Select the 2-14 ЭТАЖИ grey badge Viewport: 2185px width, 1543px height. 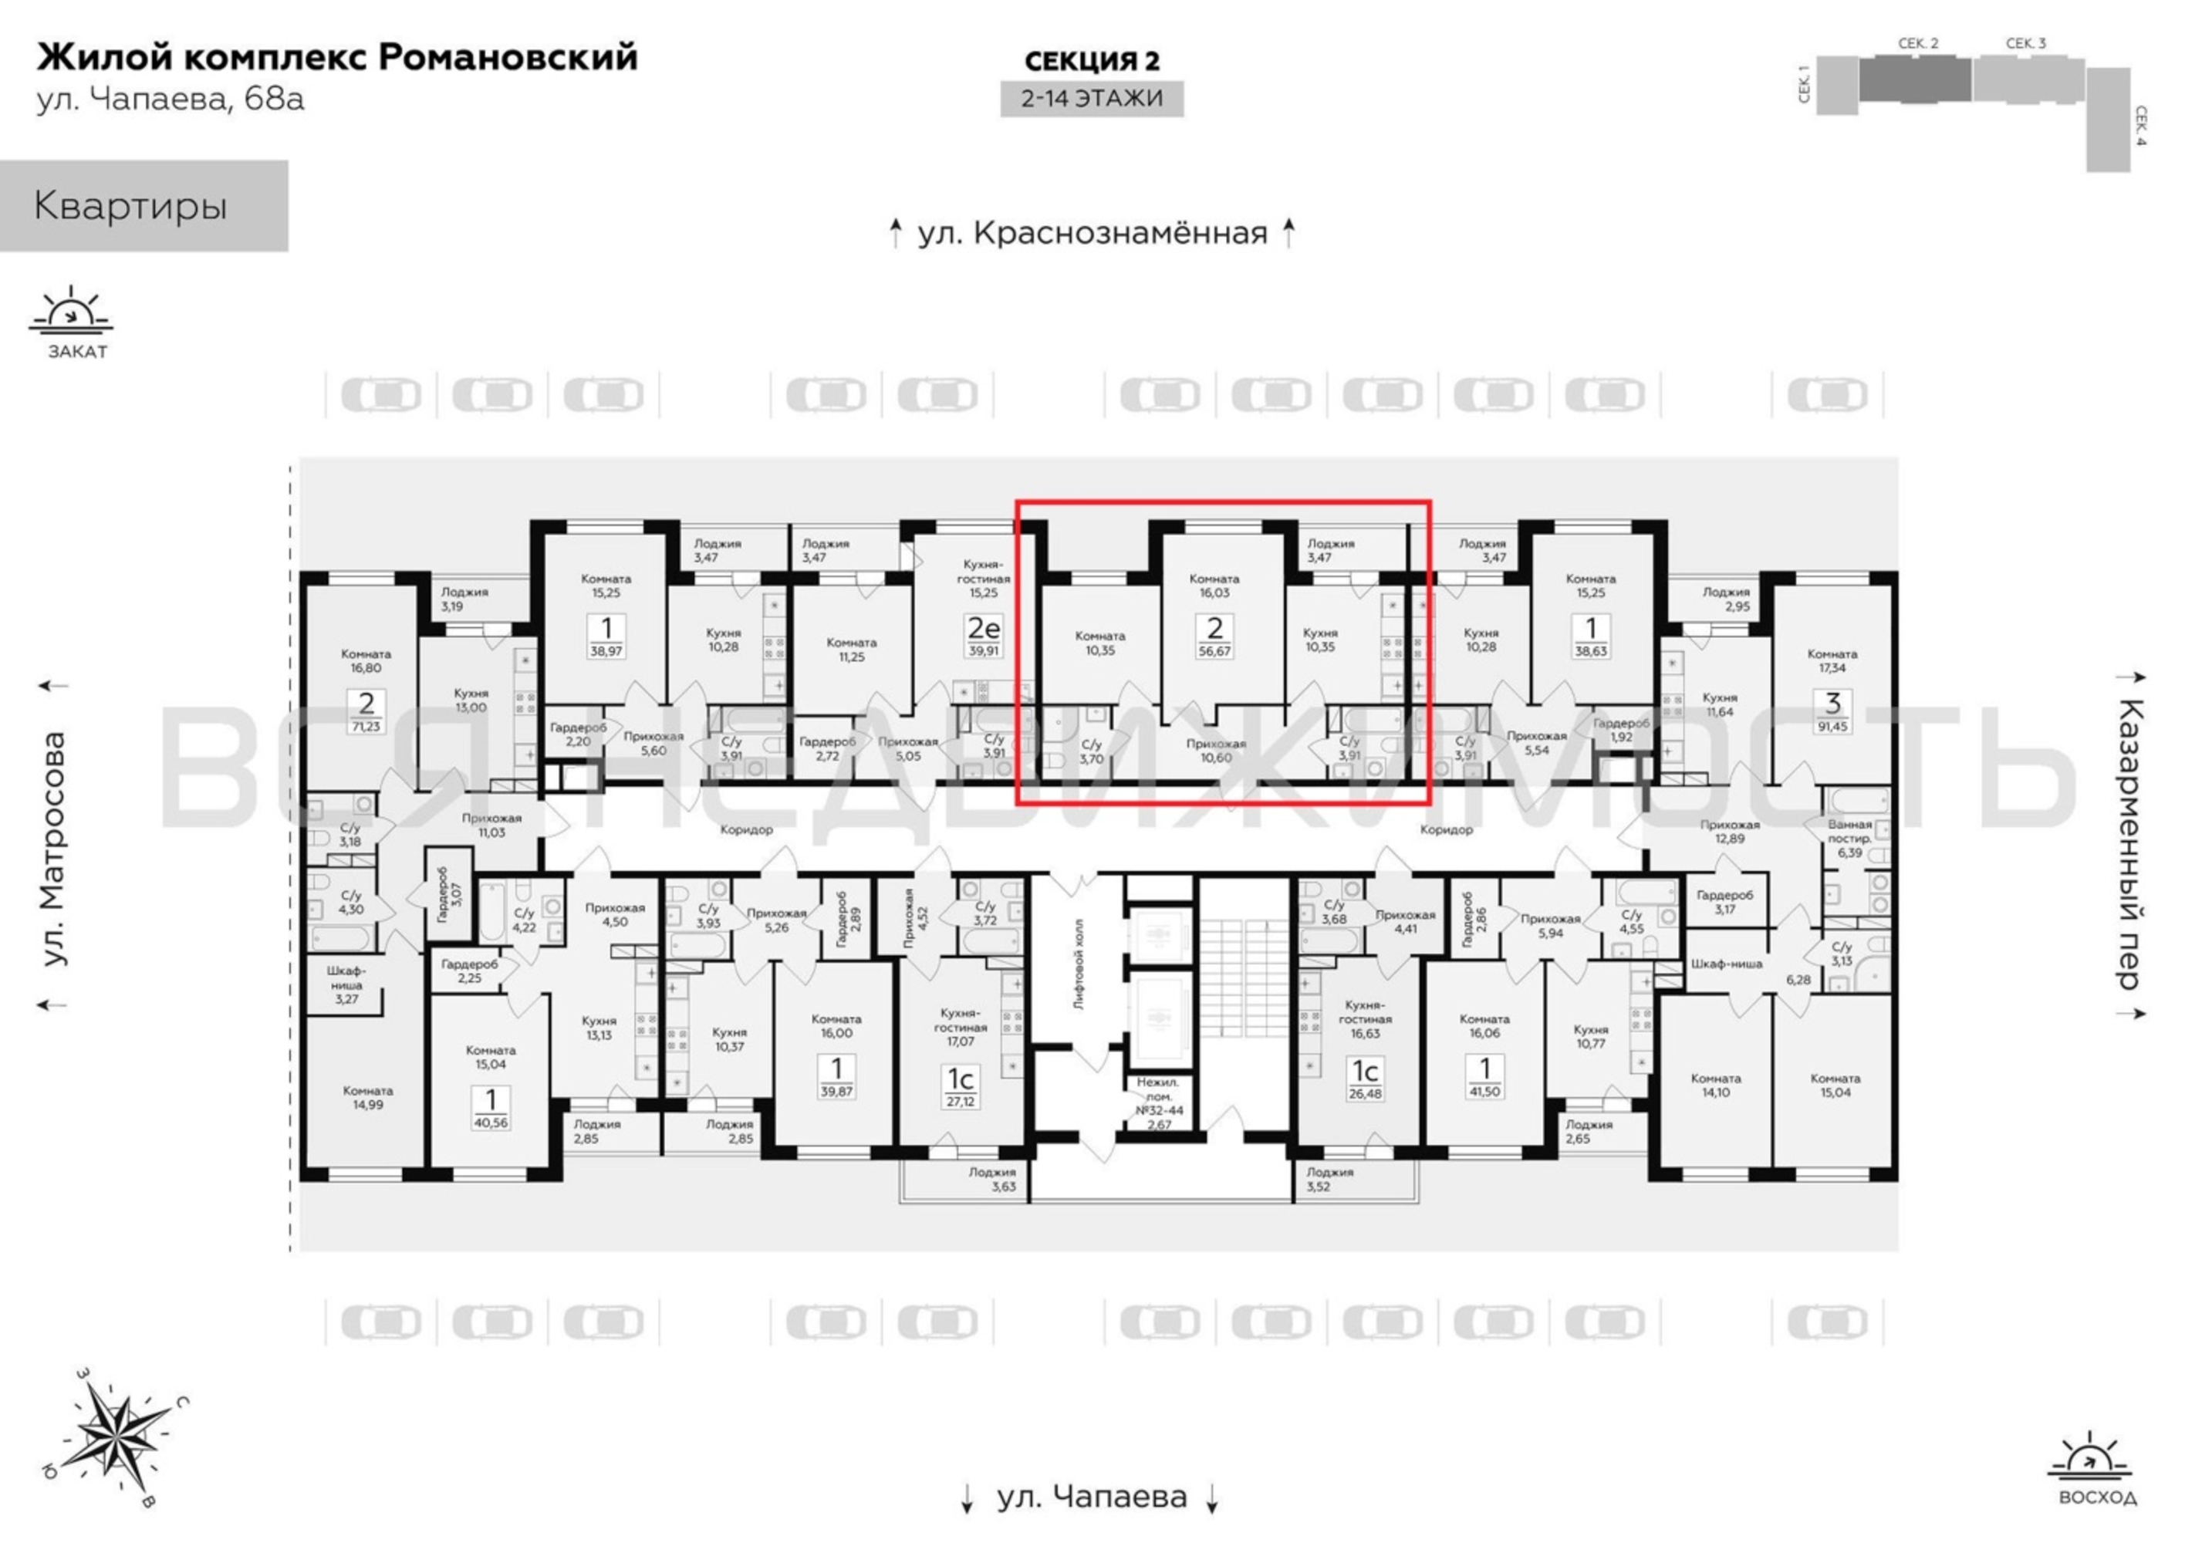click(1092, 98)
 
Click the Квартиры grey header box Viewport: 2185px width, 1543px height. click(144, 206)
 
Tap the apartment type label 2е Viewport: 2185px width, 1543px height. click(983, 628)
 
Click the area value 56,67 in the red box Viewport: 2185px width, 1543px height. click(1214, 651)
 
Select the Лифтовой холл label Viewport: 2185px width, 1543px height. click(1078, 964)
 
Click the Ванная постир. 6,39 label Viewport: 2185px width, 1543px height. click(1849, 839)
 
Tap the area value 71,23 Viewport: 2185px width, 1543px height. click(366, 726)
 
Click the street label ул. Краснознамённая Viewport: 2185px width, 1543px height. click(1092, 232)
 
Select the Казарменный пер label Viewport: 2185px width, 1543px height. click(2131, 843)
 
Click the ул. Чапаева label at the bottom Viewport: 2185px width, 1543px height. click(1092, 1497)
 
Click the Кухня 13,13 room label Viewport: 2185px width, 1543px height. click(599, 1028)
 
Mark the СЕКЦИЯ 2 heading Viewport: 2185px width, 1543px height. click(1092, 60)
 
